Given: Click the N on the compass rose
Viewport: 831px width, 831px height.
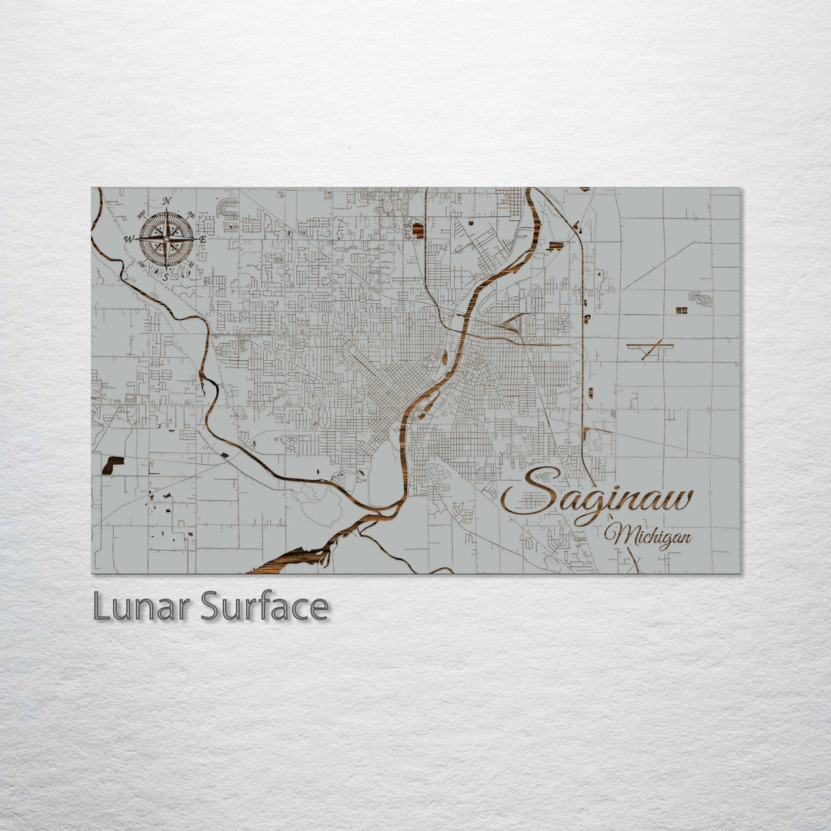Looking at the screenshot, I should click(166, 202).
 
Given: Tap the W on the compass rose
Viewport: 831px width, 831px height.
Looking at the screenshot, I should click(130, 239).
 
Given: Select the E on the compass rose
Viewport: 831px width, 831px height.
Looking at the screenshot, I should click(202, 239).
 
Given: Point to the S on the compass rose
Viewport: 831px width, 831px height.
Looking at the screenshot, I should click(165, 276).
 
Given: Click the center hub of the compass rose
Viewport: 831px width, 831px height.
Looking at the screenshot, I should click(166, 239).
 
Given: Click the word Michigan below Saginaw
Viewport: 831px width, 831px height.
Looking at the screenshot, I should click(647, 536).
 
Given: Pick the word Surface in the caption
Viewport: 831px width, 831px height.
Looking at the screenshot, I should click(265, 607).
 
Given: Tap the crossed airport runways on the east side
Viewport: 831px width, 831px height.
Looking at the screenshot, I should click(651, 350).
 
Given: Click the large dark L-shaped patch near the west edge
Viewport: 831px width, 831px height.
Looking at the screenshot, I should click(112, 464).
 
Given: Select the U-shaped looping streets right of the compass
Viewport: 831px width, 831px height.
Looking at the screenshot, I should click(229, 209).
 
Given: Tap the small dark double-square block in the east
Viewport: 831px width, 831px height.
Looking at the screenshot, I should click(681, 310).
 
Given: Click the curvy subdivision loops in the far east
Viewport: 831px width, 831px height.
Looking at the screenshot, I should click(700, 298).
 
